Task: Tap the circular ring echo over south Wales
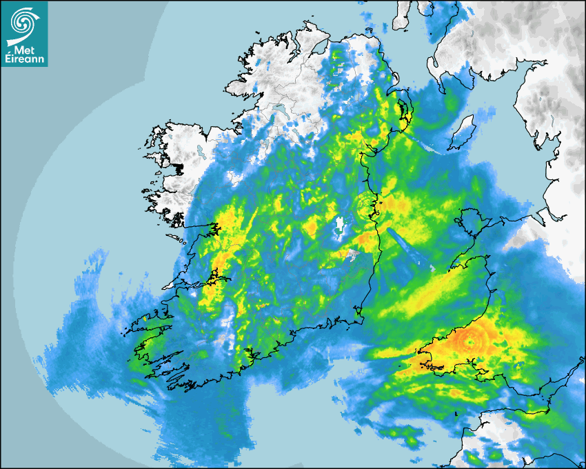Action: (472, 339)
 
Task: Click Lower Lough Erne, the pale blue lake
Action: (281, 110)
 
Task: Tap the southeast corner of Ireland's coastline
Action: (358, 318)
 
